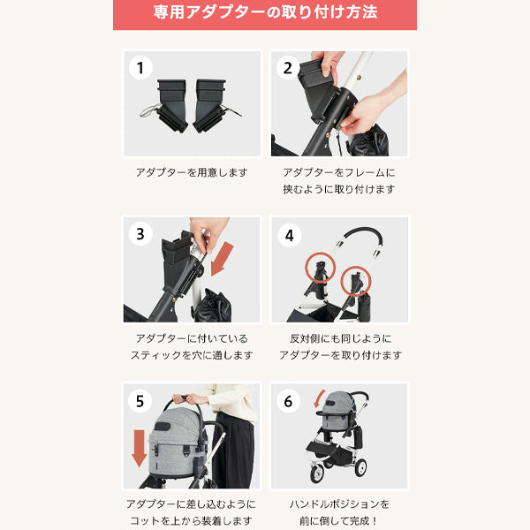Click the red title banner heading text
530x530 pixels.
coord(265,12)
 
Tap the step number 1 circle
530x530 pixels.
coord(140,68)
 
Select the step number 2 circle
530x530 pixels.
coord(288,68)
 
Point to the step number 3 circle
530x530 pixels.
coord(140,234)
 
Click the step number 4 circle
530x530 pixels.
coord(290,235)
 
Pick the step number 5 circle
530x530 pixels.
coord(140,401)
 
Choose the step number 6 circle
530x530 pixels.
coord(288,401)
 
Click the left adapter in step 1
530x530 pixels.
coord(166,105)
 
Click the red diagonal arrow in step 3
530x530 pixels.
coord(222,259)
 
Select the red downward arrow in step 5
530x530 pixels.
coord(139,448)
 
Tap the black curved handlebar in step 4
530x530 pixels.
coord(364,231)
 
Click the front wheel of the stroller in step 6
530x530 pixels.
coord(317,473)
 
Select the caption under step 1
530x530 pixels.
coord(192,173)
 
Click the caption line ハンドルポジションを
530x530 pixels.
coord(340,504)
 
